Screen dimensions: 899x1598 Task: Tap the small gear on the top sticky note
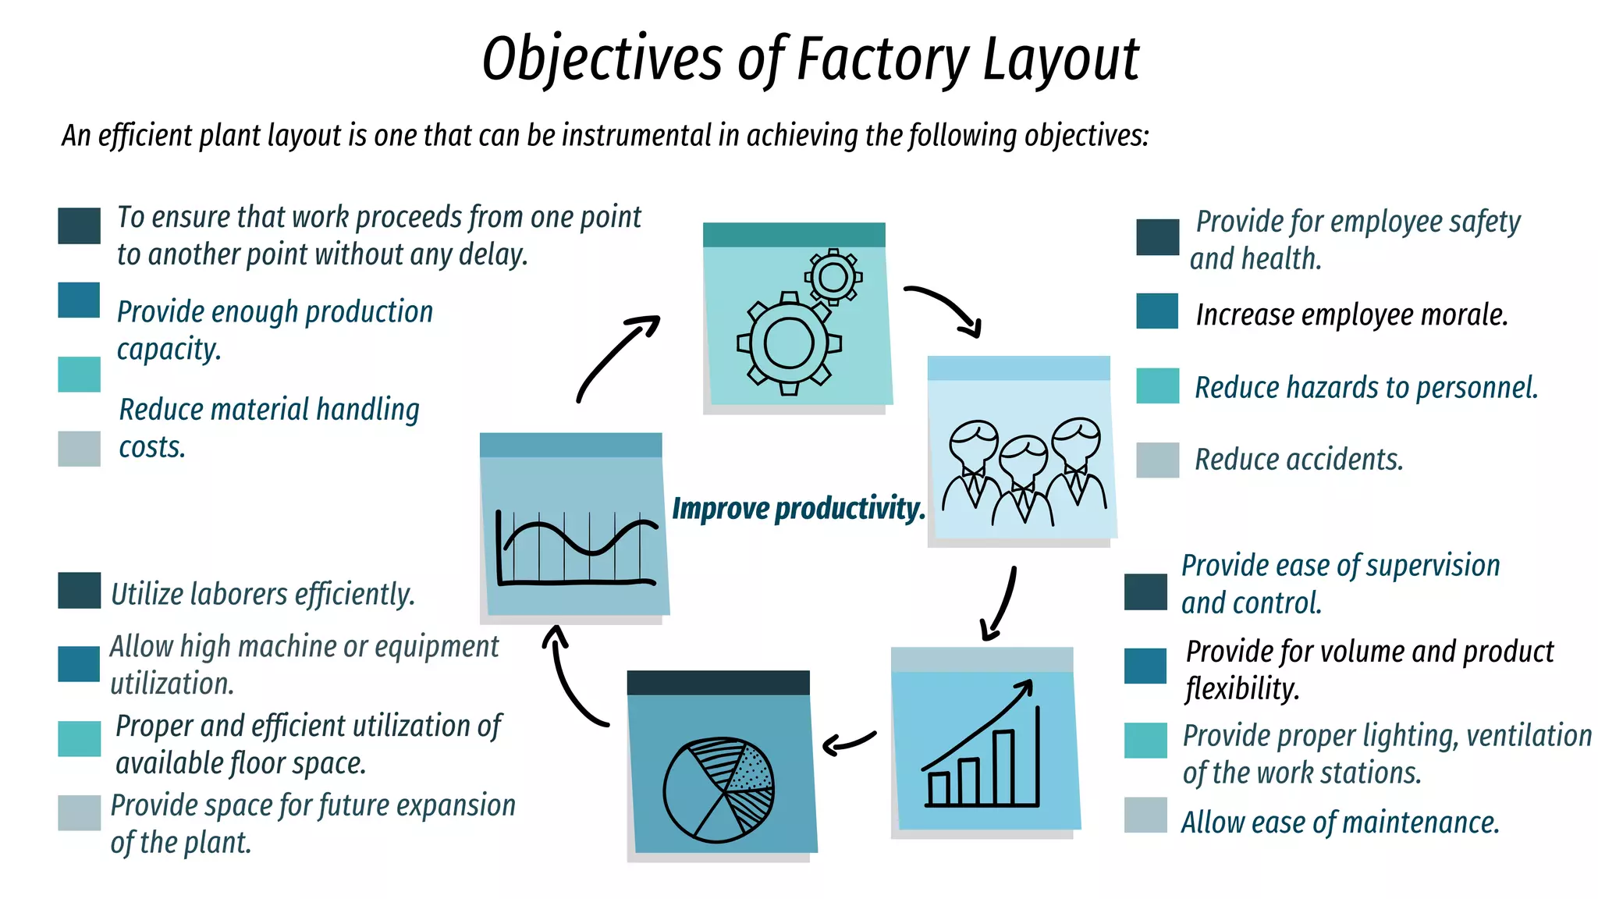click(x=833, y=277)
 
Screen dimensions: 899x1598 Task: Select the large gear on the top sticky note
click(x=788, y=343)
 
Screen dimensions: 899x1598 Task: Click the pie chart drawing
click(x=719, y=790)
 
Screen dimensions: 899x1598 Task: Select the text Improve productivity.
click(x=798, y=508)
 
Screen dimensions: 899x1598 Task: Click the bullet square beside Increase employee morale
click(x=1157, y=311)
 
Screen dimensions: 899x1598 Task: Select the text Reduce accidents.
click(x=1298, y=460)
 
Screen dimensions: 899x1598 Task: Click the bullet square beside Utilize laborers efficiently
click(x=79, y=590)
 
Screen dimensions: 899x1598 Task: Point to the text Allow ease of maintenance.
click(x=1340, y=823)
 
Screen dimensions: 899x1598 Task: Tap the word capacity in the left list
click(x=169, y=349)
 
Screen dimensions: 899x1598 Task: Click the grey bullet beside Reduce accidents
click(x=1157, y=460)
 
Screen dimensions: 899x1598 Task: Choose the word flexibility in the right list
click(x=1242, y=689)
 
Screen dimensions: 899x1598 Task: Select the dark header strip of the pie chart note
click(x=718, y=683)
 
